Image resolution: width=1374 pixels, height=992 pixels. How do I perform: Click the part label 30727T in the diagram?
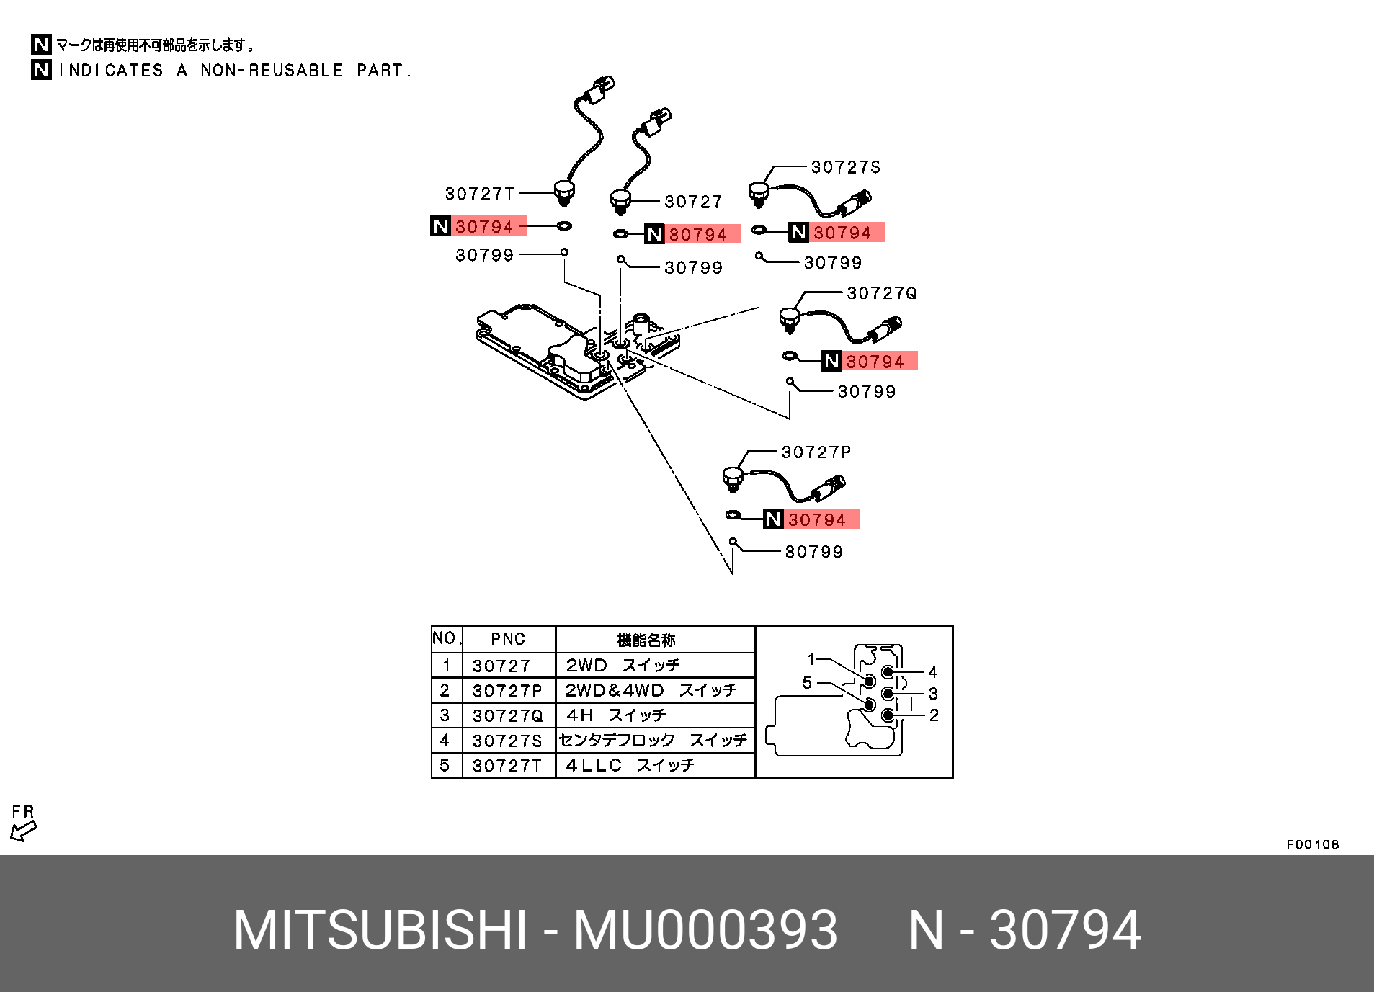point(480,194)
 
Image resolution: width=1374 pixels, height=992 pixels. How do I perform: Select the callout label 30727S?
point(845,168)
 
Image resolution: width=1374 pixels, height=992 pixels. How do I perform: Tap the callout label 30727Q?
point(882,293)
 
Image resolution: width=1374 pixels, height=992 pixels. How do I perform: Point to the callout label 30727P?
point(816,452)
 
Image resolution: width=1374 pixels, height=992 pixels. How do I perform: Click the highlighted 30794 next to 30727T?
point(484,227)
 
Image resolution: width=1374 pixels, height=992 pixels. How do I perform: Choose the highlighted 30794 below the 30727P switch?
point(816,519)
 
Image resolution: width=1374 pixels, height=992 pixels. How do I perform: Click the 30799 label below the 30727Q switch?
point(867,392)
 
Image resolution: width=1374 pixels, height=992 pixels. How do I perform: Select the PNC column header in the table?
point(508,640)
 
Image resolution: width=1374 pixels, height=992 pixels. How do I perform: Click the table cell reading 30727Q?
point(507,716)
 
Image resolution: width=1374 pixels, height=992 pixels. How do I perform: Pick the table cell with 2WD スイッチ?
point(623,666)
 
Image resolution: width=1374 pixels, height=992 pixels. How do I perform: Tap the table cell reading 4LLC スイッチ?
point(630,766)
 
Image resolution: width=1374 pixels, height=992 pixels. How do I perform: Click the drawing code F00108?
point(1312,845)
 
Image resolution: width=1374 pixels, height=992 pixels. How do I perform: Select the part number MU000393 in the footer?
point(705,931)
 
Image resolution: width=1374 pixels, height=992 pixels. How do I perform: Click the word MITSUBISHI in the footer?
point(380,931)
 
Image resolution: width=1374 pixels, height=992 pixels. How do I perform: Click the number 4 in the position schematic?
point(932,672)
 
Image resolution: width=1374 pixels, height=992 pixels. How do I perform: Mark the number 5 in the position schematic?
point(807,683)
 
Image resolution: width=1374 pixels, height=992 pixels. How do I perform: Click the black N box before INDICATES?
point(41,70)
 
